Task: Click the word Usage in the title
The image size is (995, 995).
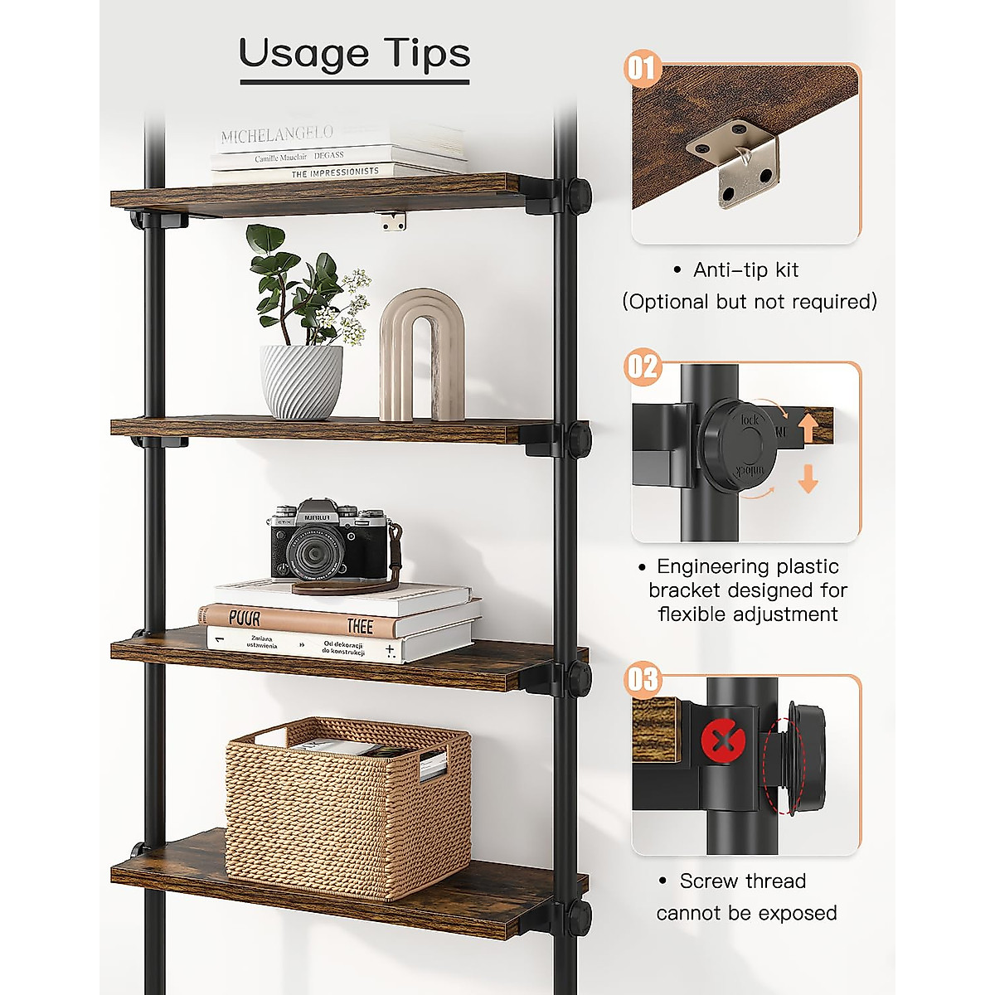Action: pos(303,54)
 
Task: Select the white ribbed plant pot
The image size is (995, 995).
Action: pos(301,381)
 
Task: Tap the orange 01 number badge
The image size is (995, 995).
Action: pos(641,67)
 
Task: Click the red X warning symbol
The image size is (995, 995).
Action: pos(723,741)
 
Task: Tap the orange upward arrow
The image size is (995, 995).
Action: pos(808,429)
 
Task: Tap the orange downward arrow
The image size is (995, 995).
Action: pos(808,478)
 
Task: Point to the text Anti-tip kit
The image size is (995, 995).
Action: pos(745,269)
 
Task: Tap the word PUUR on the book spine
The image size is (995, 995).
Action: pos(245,619)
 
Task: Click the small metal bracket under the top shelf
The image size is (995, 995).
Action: pos(393,221)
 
